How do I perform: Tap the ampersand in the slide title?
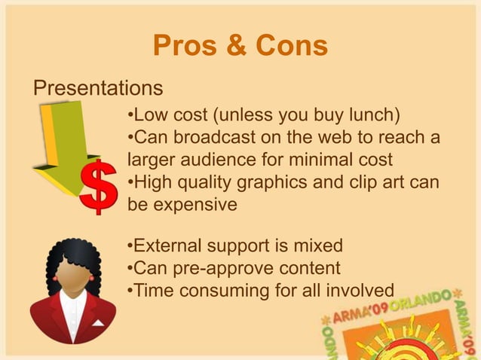coord(235,46)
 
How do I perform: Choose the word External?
coord(170,246)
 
